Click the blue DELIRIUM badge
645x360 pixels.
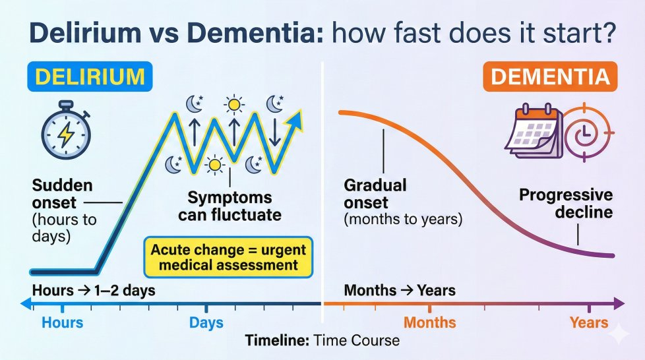[90, 76]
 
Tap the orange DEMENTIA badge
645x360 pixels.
[550, 76]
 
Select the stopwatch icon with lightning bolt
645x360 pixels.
[66, 130]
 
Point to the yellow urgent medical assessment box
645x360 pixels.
[228, 257]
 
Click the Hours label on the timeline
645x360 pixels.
[63, 322]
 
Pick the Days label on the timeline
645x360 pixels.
[206, 322]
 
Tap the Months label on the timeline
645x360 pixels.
[430, 322]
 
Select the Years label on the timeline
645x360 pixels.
[589, 322]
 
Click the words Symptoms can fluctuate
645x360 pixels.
[230, 206]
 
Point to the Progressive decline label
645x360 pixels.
[566, 203]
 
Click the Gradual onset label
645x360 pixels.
[375, 194]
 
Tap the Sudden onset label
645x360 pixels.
[62, 194]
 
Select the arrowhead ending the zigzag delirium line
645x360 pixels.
[295, 119]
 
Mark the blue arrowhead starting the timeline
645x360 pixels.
[26, 304]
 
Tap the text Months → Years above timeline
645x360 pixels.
[400, 291]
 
